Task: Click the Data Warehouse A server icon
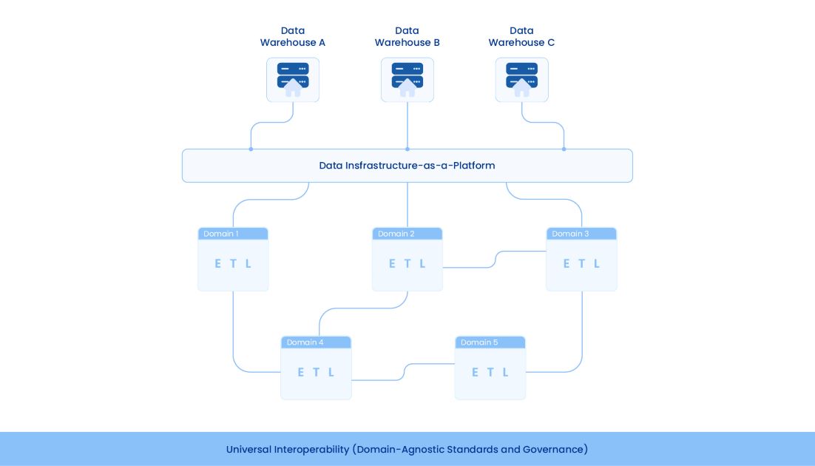pos(293,79)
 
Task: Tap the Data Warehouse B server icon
pos(407,79)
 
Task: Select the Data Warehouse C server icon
pos(521,79)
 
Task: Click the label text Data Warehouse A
pos(293,37)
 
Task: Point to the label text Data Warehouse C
pos(521,37)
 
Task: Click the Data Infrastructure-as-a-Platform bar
pos(407,166)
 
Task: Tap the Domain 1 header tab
pos(233,234)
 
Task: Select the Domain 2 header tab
pos(407,234)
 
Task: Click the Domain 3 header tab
pos(581,234)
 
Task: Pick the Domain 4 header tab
pos(316,342)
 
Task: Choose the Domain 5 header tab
pos(490,342)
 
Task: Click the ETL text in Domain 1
pos(233,263)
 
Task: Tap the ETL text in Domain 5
pos(490,372)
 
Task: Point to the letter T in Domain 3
pos(581,263)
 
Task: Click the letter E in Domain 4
pos(301,372)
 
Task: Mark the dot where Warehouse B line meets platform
pos(407,149)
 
